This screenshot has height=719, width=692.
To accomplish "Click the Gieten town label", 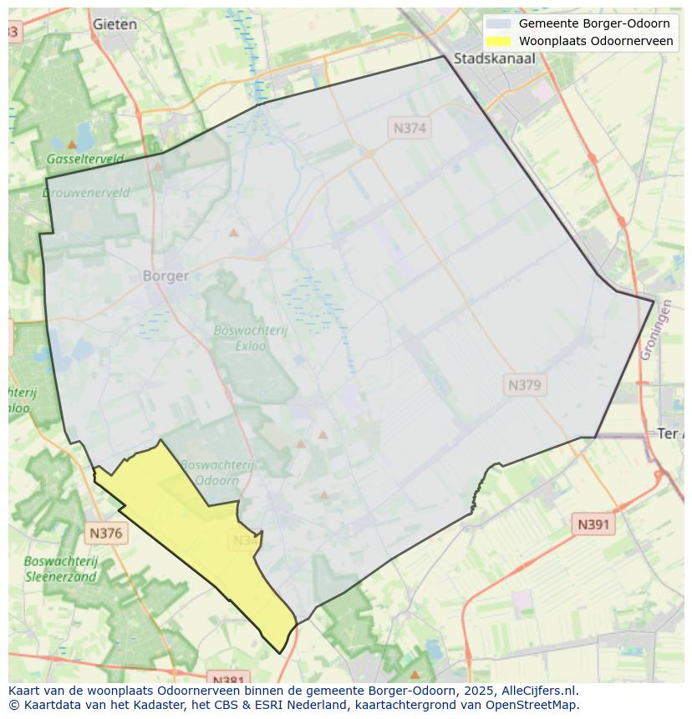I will pyautogui.click(x=114, y=24).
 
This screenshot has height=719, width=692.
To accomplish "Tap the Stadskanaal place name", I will pyautogui.click(x=494, y=58).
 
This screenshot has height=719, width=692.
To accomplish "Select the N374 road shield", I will pyautogui.click(x=410, y=128).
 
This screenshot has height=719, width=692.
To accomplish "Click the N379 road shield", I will pyautogui.click(x=525, y=385).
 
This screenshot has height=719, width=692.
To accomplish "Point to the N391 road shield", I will pyautogui.click(x=593, y=524).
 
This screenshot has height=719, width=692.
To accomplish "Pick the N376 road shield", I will pyautogui.click(x=106, y=533).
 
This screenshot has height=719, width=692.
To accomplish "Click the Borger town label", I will pyautogui.click(x=165, y=276).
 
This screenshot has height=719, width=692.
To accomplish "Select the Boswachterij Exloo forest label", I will pyautogui.click(x=250, y=337).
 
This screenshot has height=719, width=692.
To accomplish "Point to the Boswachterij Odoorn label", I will pyautogui.click(x=216, y=473).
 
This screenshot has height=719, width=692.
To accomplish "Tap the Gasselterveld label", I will pyautogui.click(x=84, y=159).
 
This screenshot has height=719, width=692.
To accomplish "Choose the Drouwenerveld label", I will pyautogui.click(x=86, y=193).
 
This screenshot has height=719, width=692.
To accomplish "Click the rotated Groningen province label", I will pyautogui.click(x=655, y=330).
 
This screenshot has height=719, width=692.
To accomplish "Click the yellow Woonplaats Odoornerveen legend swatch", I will pyautogui.click(x=498, y=41).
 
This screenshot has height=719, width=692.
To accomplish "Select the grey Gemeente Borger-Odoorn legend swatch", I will pyautogui.click(x=498, y=23).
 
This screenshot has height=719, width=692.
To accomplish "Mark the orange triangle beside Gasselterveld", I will pyautogui.click(x=72, y=144).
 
